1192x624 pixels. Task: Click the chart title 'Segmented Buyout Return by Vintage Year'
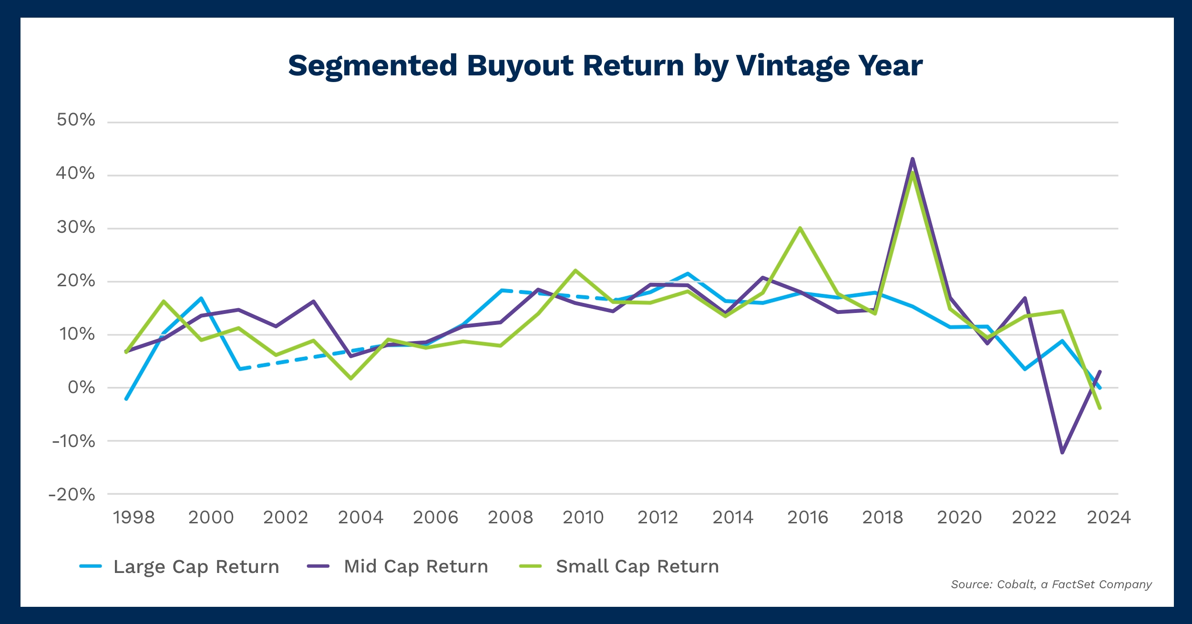coord(605,66)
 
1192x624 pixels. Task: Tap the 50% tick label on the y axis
coord(76,120)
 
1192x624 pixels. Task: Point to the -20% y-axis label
coord(72,495)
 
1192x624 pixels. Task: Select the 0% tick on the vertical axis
coord(81,388)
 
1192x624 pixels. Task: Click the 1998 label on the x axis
coord(134,518)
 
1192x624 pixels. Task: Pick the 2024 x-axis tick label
coord(1109,518)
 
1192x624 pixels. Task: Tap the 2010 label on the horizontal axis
coord(583,518)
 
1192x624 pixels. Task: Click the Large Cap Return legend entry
coord(196,567)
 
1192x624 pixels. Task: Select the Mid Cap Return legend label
coord(416,567)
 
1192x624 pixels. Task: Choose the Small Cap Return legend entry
coord(637,567)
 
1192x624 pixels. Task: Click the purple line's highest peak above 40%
coord(912,159)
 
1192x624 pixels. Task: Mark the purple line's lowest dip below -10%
coord(1062,452)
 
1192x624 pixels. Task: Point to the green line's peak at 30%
coord(800,228)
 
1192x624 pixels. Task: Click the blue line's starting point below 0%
coord(126,399)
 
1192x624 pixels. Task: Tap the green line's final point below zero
coord(1100,408)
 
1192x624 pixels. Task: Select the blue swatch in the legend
coord(91,566)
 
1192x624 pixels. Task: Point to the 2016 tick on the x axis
coord(808,518)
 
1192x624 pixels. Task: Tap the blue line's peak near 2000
coord(202,298)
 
